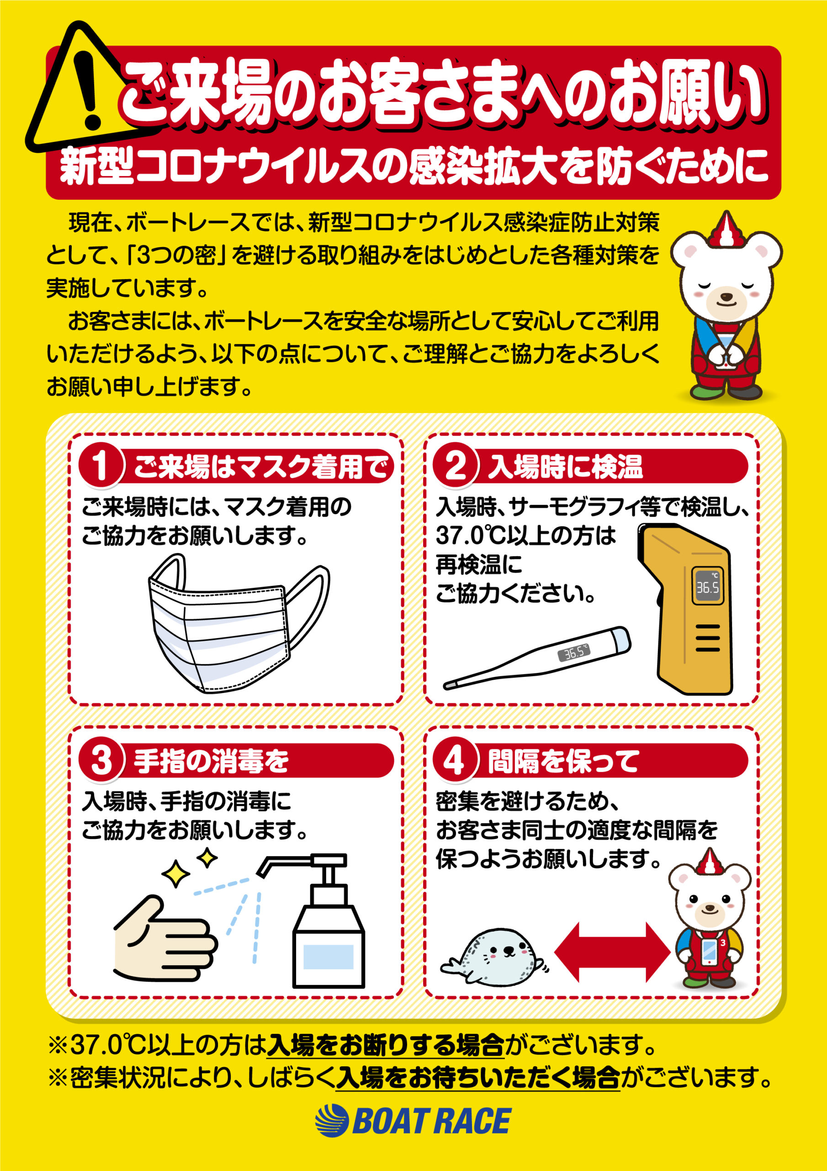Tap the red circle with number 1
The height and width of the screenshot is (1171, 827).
[x=101, y=466]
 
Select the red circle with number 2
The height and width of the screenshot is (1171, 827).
[x=455, y=466]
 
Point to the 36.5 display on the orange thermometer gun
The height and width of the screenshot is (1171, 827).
[x=708, y=587]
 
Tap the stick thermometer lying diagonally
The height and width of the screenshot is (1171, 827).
[x=538, y=658]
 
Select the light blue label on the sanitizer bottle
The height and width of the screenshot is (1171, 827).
[x=328, y=957]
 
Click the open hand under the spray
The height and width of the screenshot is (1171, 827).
[x=163, y=939]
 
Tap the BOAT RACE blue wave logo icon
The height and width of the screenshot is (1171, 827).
[x=331, y=1121]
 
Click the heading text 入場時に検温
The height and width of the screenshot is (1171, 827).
[x=566, y=467]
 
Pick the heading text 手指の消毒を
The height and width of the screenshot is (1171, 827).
[x=211, y=762]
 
